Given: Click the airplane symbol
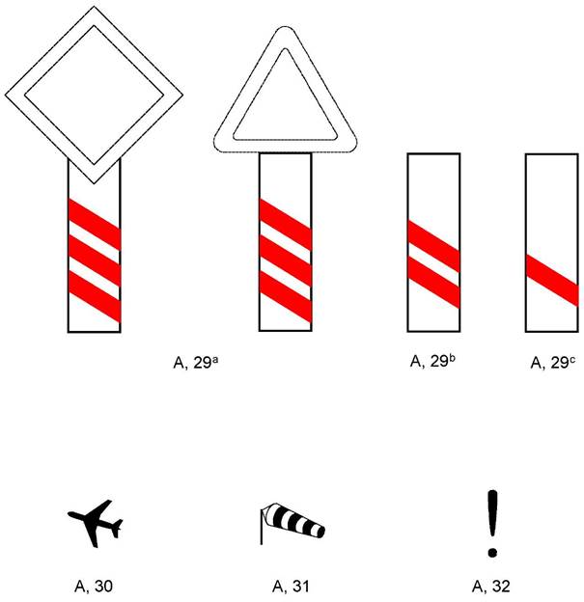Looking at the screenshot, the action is click(94, 524).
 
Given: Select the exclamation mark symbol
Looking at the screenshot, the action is click(492, 524).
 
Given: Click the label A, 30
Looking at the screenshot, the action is click(94, 587).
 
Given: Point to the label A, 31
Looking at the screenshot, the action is click(291, 587).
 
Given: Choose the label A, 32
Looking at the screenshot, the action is click(490, 587).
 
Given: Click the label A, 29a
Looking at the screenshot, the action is click(196, 362).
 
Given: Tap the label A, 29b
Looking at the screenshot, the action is click(432, 361).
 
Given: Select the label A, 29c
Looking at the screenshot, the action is click(552, 362).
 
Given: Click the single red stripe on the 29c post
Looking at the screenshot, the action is click(552, 281).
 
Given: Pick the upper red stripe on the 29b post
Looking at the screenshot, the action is click(433, 246).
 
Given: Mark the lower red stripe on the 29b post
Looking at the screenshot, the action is click(433, 282).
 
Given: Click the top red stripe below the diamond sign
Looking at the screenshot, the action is click(95, 225).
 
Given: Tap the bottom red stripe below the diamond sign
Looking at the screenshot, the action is click(95, 297).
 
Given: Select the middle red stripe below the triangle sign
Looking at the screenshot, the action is click(286, 260).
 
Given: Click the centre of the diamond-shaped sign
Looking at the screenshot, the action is click(95, 95).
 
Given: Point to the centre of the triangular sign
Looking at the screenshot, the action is click(285, 103).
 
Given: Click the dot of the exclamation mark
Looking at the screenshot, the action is click(492, 553).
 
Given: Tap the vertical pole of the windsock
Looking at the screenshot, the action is click(262, 527).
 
